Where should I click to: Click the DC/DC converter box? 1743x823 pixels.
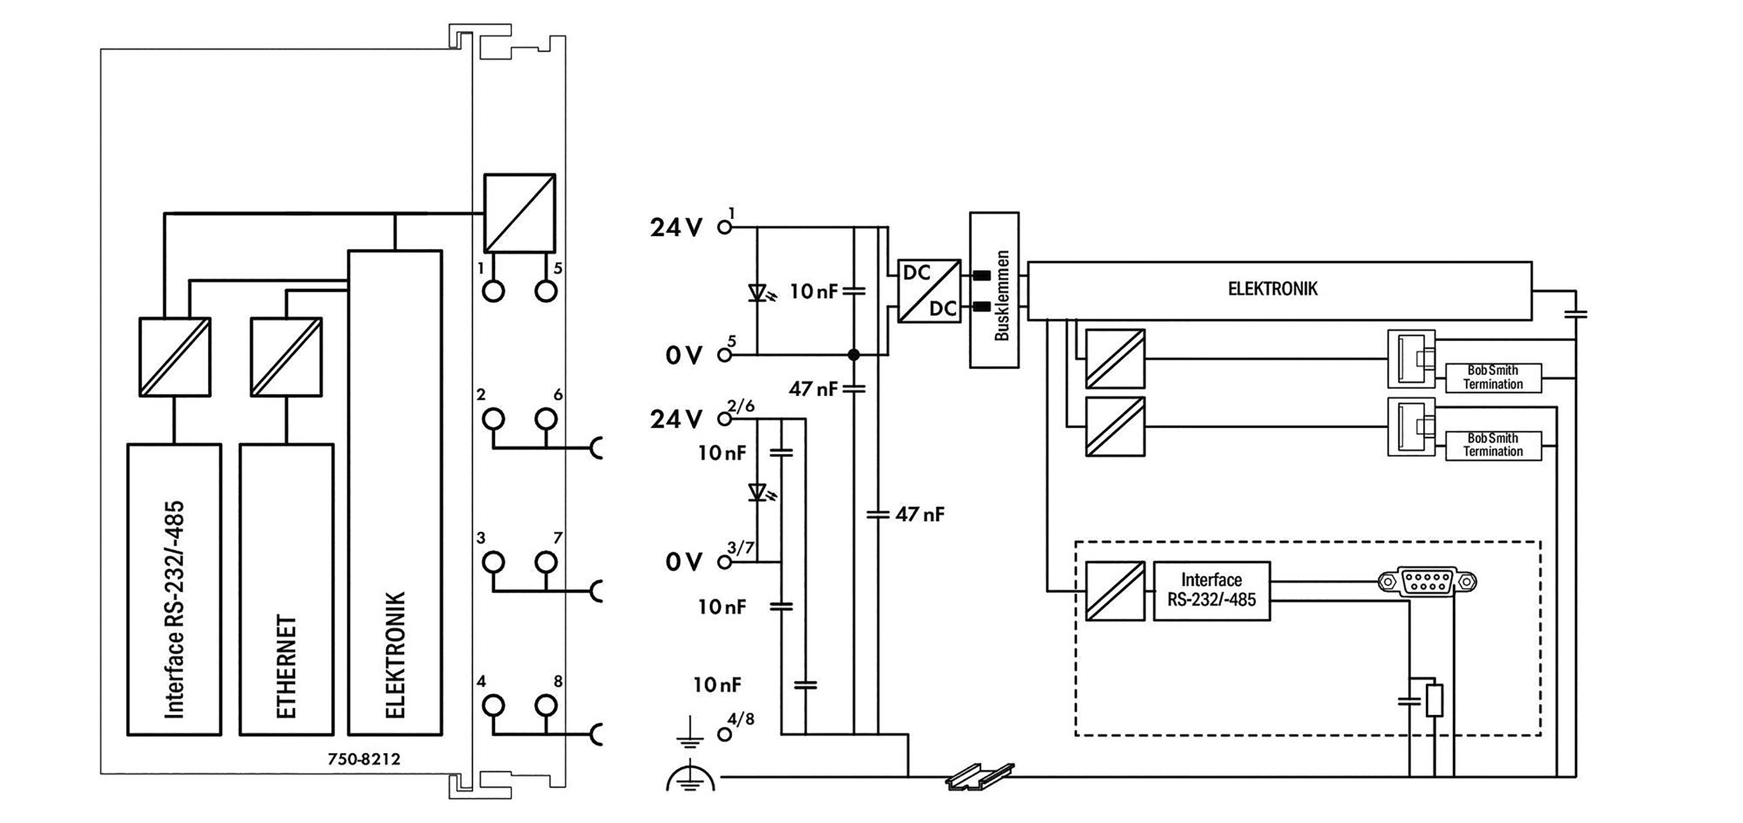(x=929, y=290)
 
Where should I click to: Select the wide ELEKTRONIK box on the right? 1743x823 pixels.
(x=1279, y=290)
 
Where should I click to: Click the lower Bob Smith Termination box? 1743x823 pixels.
(x=1493, y=445)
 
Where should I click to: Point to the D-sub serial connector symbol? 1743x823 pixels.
(x=1427, y=581)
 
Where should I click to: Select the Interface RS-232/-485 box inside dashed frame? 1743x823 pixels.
(x=1211, y=590)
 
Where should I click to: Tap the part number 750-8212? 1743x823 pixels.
(x=364, y=759)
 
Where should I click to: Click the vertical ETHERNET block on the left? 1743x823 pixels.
(x=286, y=589)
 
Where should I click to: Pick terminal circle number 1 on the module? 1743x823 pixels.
(x=494, y=291)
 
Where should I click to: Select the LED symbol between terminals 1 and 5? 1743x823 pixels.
(x=758, y=293)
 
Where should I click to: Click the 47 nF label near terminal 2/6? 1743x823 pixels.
(x=812, y=389)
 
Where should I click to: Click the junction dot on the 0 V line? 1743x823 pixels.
(x=853, y=355)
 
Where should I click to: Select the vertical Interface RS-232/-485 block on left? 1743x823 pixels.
(x=175, y=589)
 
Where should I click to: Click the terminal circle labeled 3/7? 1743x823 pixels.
(x=724, y=562)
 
